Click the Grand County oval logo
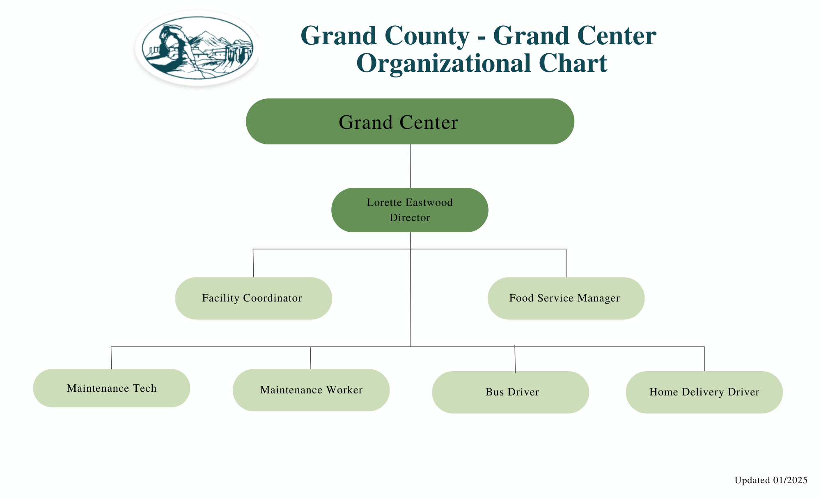point(197,48)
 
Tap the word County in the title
point(427,36)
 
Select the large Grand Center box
point(410,121)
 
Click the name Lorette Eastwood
point(409,202)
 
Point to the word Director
point(410,217)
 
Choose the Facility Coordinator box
point(253,298)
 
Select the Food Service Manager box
point(566,298)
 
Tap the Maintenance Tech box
point(111,388)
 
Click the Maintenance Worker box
point(311,390)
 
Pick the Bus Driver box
point(510,392)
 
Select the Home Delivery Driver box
point(704,392)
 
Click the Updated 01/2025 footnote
point(771,480)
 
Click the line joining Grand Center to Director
point(410,166)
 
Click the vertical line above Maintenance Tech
point(111,358)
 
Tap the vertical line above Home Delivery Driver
point(704,359)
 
